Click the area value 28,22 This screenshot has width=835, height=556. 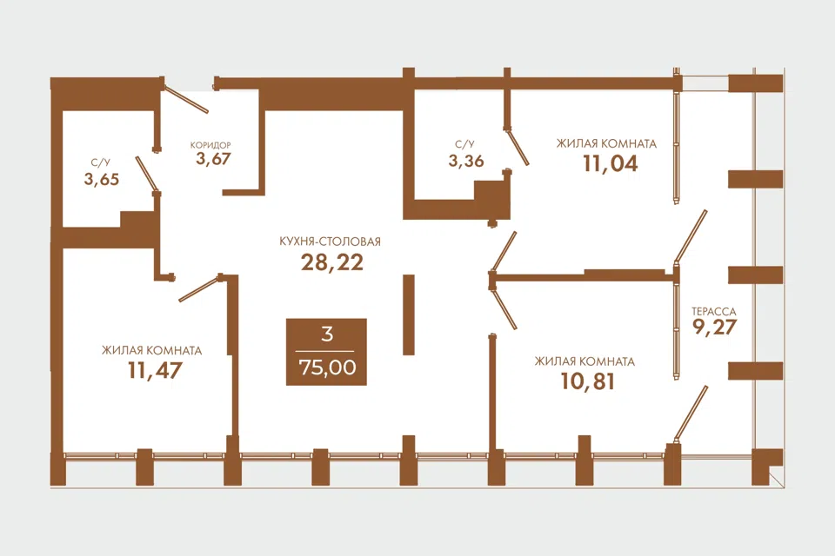(x=332, y=262)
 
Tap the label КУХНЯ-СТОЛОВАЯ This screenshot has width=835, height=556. (x=331, y=242)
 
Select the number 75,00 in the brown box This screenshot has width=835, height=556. (x=328, y=367)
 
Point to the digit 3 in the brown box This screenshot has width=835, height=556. (x=328, y=334)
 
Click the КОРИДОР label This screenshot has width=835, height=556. (x=210, y=145)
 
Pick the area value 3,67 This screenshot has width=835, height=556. (x=213, y=159)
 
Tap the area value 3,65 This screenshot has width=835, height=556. (x=101, y=179)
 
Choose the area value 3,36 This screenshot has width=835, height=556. (x=466, y=161)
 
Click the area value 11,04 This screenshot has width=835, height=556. (x=611, y=163)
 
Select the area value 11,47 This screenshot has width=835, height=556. (x=155, y=370)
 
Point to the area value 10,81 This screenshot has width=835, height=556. (x=588, y=381)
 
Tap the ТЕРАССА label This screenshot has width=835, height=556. (x=713, y=312)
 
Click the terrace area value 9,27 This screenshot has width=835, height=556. (x=714, y=327)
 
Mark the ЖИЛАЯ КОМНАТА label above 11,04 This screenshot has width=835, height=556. (x=606, y=143)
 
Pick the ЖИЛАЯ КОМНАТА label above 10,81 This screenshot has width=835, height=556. (x=584, y=361)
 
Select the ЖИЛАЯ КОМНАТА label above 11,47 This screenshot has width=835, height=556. (x=151, y=351)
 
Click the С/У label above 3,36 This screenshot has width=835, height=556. (x=464, y=144)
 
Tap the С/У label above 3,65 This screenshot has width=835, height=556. (x=100, y=162)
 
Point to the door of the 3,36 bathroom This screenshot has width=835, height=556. (x=517, y=146)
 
